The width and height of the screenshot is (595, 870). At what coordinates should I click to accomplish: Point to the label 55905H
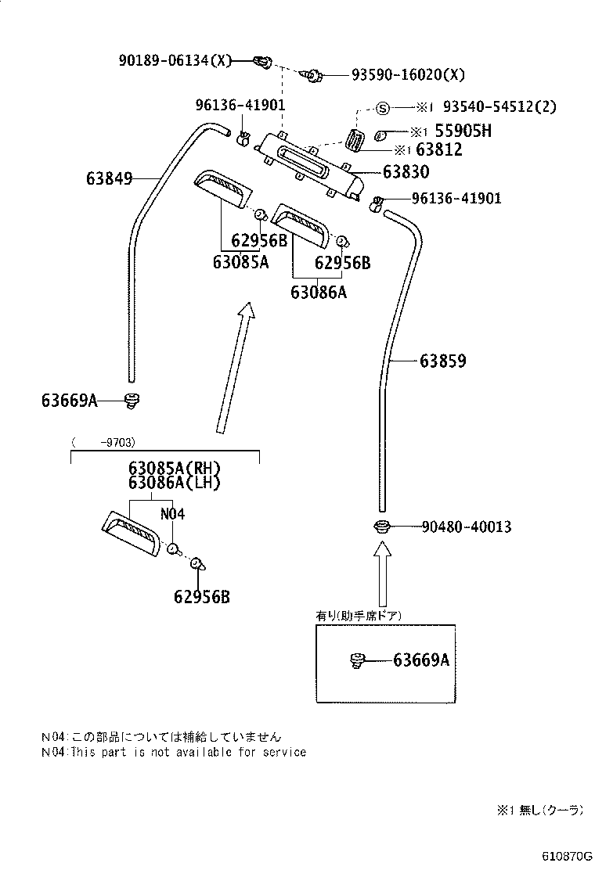[463, 131]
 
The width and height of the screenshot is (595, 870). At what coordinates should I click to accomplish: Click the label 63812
[440, 149]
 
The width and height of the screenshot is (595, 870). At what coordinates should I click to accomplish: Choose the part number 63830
[406, 171]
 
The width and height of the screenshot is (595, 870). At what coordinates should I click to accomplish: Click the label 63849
[109, 178]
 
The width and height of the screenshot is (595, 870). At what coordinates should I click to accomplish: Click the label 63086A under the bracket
[318, 293]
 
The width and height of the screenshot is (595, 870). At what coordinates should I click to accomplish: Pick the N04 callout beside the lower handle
[172, 514]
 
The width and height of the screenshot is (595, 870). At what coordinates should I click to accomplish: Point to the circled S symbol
[383, 107]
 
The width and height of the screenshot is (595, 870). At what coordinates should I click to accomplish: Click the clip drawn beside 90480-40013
[383, 527]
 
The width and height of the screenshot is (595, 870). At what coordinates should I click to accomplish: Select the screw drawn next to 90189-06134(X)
[263, 59]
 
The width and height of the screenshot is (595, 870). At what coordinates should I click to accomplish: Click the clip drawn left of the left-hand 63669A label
[132, 401]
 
